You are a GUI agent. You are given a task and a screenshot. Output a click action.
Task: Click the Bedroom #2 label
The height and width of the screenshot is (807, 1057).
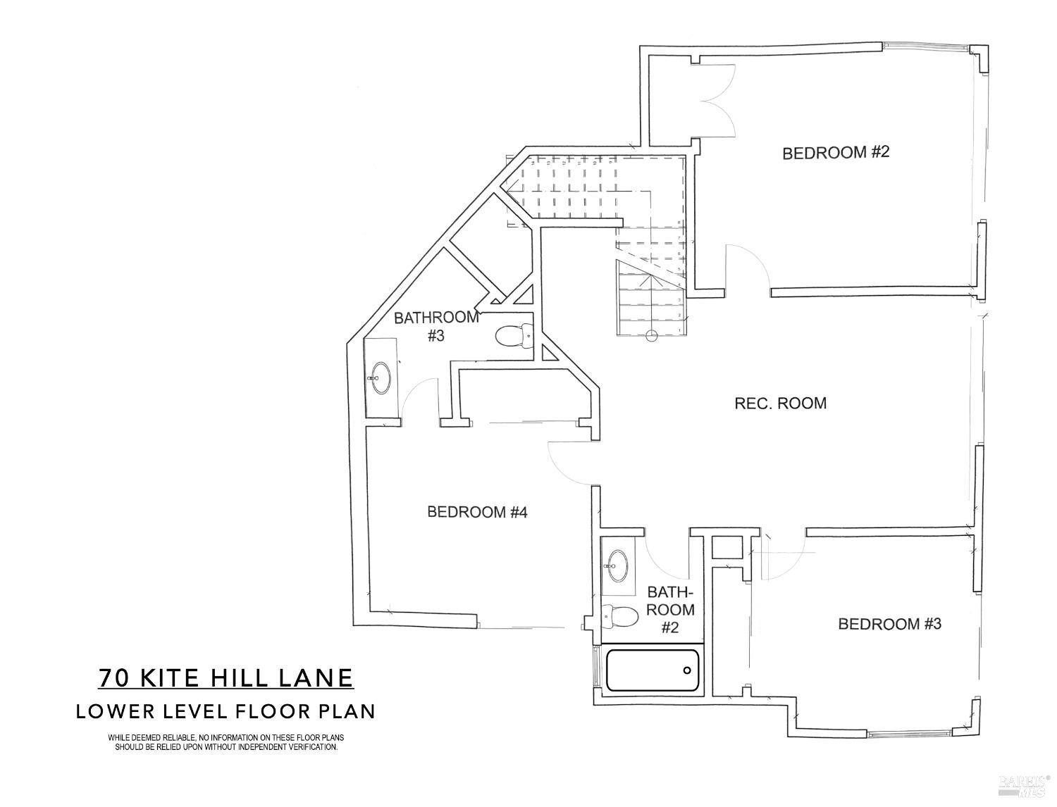(x=836, y=152)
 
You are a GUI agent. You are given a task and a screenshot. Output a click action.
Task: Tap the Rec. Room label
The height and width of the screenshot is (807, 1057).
(x=780, y=403)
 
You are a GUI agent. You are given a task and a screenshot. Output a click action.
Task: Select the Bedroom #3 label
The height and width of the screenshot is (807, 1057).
(x=889, y=624)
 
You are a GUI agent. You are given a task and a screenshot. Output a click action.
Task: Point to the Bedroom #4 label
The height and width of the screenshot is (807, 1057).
(x=477, y=512)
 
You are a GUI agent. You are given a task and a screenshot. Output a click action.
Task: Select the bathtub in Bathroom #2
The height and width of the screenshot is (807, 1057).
(x=653, y=670)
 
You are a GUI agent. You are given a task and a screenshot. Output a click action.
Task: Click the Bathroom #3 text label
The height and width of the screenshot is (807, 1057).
(x=436, y=326)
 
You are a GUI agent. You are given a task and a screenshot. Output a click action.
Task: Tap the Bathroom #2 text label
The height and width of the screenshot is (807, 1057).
(x=670, y=609)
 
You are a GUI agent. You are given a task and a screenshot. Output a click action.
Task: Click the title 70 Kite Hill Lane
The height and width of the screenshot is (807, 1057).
(x=225, y=677)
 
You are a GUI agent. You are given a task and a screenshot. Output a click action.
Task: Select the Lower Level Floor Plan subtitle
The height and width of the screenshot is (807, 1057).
(x=225, y=711)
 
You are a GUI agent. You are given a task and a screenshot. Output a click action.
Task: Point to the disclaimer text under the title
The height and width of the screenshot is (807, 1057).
(x=225, y=742)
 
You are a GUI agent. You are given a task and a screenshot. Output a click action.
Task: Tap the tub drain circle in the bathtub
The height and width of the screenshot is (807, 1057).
(x=688, y=670)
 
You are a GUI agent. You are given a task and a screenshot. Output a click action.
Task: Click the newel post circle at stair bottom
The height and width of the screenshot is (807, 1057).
(x=651, y=336)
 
